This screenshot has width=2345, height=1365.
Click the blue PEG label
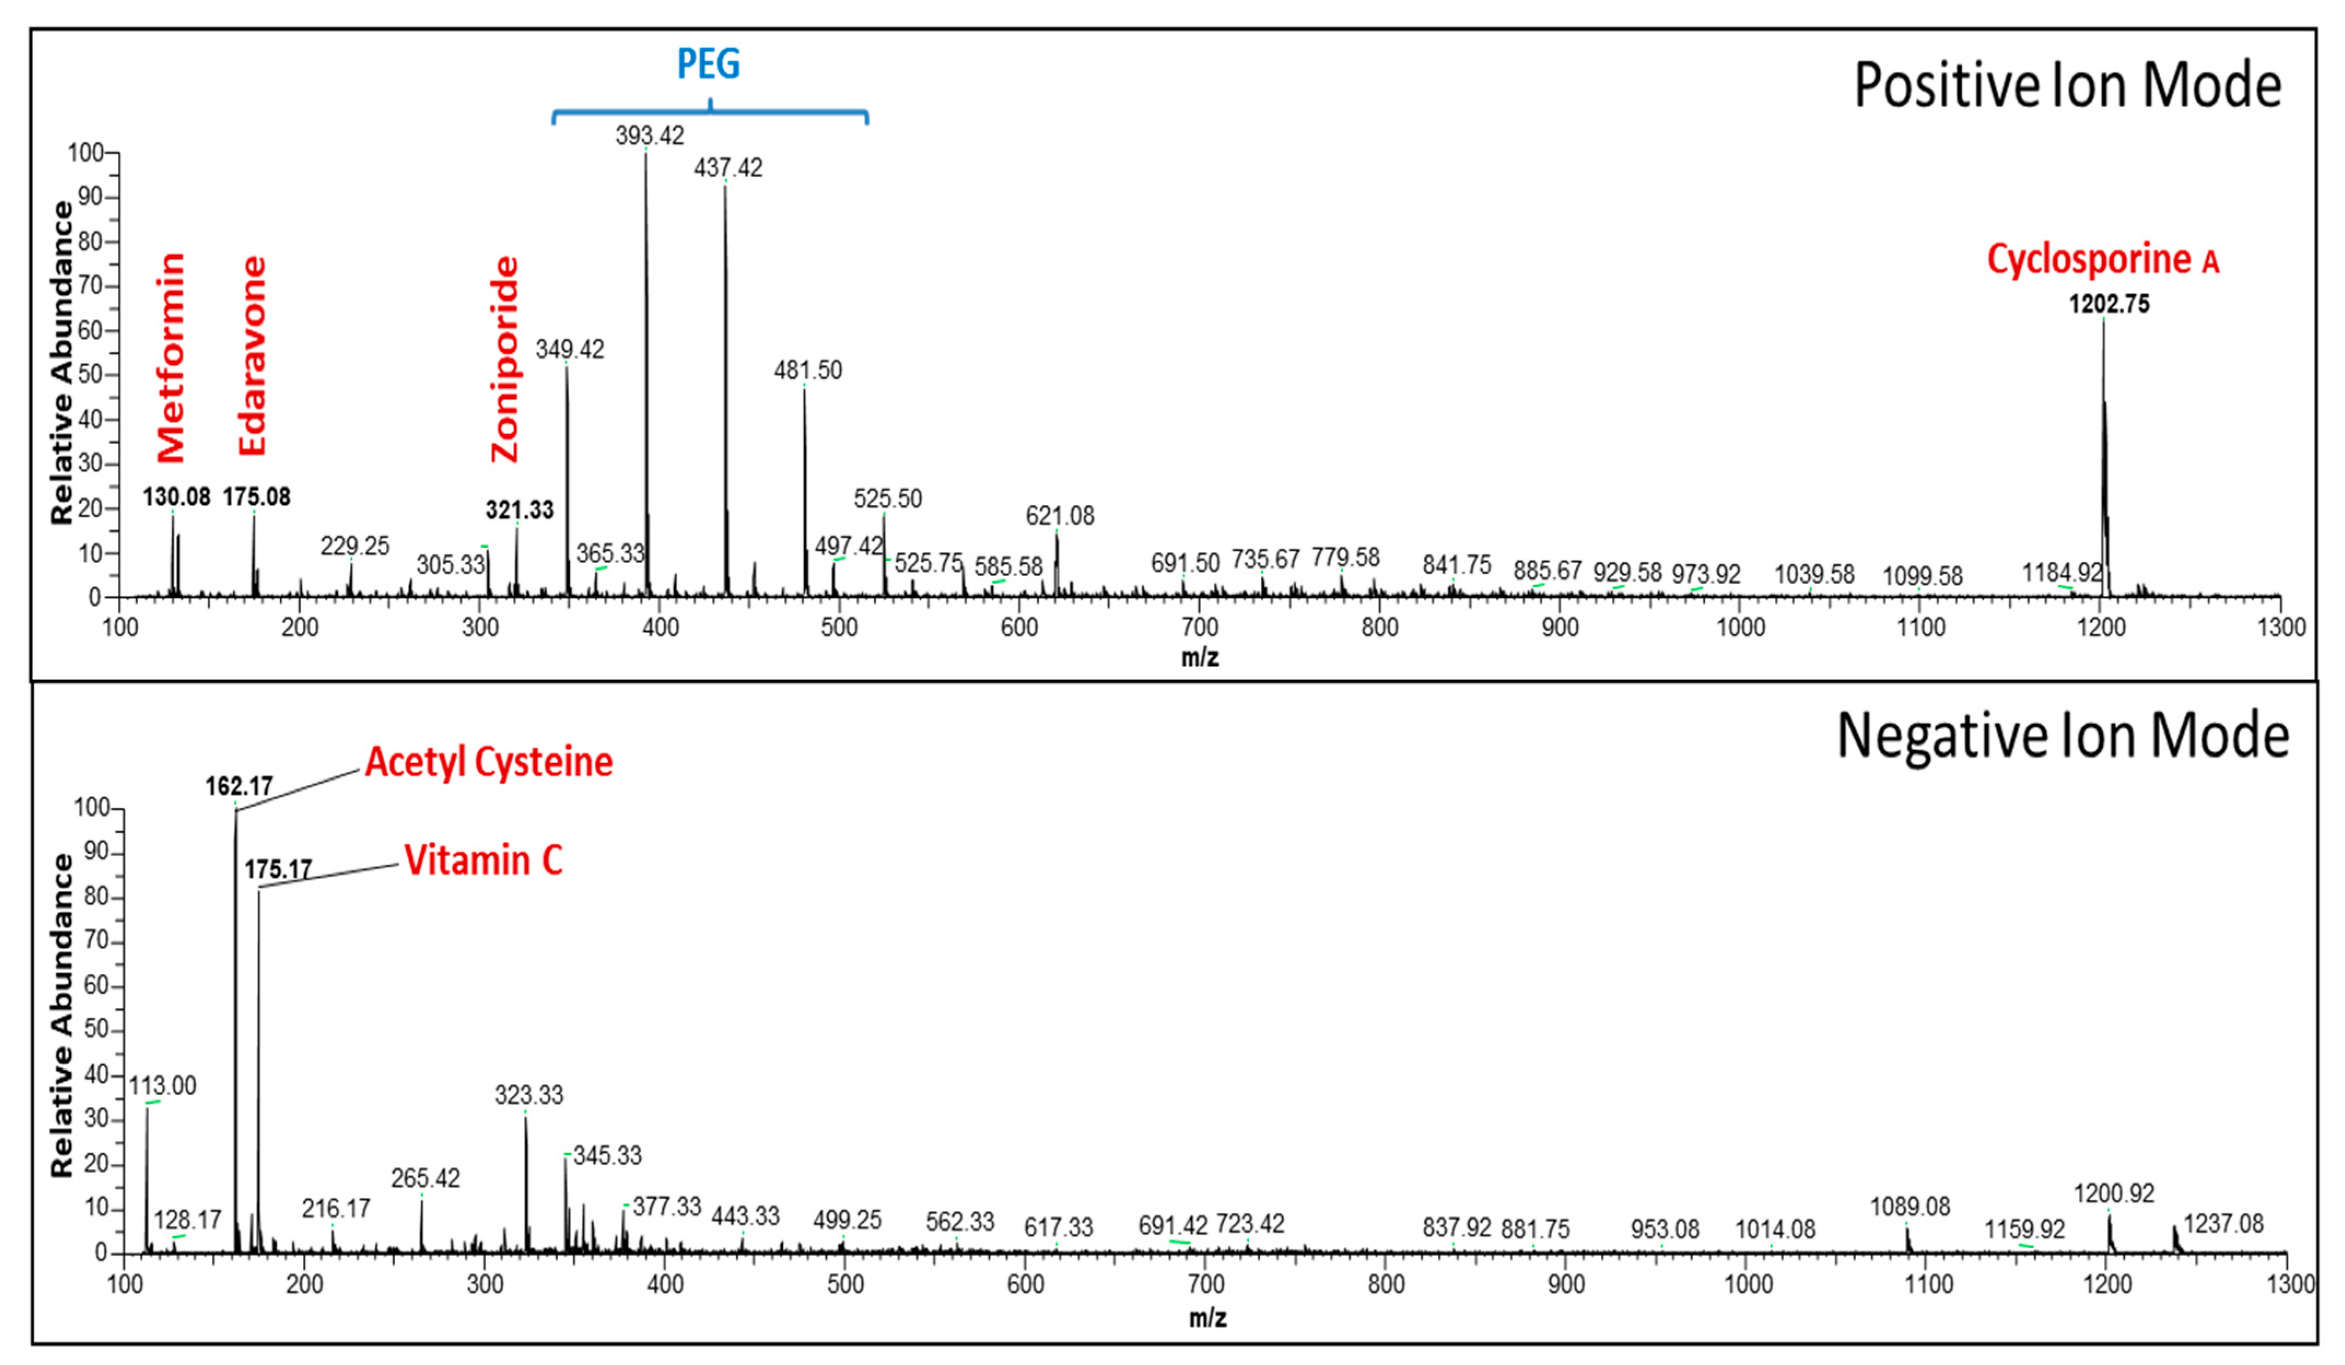point(708,64)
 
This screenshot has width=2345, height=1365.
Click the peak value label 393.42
point(650,136)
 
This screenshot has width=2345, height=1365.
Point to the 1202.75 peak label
point(2109,304)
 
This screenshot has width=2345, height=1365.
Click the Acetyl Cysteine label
point(489,762)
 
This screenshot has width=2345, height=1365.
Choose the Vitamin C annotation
point(483,860)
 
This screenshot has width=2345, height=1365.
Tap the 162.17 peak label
point(239,786)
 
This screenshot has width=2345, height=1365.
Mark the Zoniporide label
point(504,359)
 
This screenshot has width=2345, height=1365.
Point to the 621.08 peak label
point(1060,515)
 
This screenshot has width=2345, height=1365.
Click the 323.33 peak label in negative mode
point(529,1095)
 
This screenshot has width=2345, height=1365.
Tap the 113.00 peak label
point(163,1086)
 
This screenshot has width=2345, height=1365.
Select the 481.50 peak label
point(808,370)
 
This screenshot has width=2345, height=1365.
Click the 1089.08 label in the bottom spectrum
point(1909,1207)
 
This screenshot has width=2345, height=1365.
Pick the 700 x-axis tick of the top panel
point(1200,627)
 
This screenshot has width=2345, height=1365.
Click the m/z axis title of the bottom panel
point(1207,1317)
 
